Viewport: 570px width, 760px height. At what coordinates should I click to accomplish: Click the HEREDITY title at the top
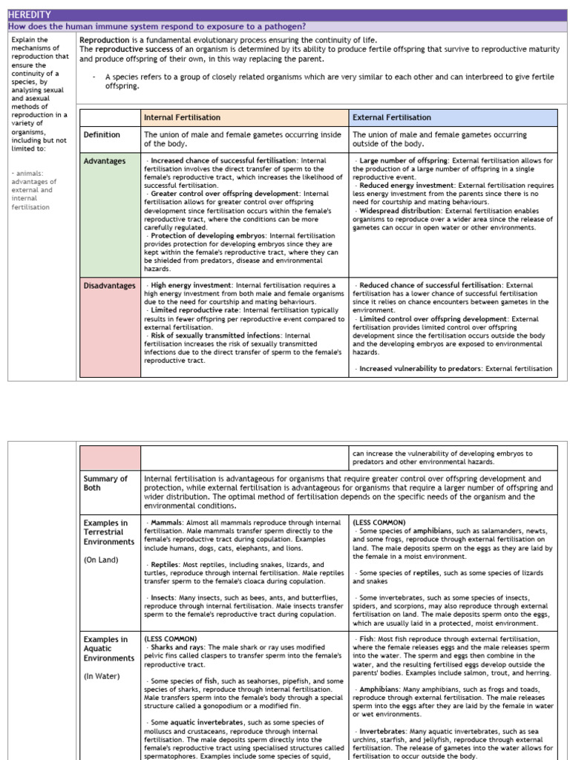tap(30, 14)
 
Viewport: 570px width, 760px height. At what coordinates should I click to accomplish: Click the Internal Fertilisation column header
tap(182, 117)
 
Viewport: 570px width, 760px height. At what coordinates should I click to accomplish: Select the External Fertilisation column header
tap(391, 117)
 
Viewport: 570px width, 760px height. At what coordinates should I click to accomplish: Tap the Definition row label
tap(102, 135)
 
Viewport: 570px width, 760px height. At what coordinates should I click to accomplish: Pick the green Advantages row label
tap(105, 161)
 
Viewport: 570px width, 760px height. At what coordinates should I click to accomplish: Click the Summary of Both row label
tap(105, 484)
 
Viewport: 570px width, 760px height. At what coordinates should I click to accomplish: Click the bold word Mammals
tap(166, 522)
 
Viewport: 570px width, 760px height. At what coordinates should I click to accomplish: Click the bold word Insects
tap(164, 597)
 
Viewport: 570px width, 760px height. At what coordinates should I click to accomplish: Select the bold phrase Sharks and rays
tap(176, 647)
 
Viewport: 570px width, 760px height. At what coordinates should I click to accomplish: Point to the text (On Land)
tap(101, 560)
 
